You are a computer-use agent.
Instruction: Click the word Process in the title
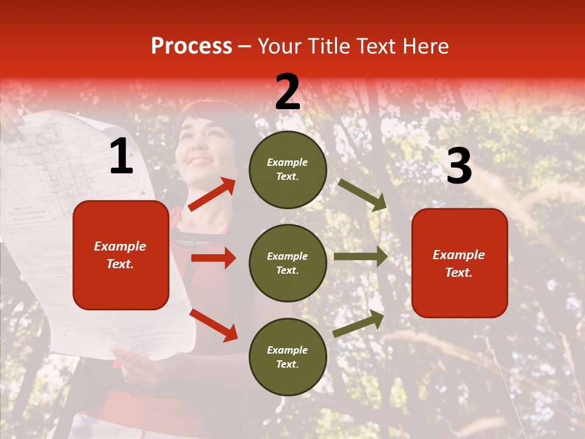pos(191,46)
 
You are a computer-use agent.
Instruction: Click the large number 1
pos(121,157)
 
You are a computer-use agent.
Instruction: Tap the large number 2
pos(288,92)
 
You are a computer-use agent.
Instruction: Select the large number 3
pos(459,166)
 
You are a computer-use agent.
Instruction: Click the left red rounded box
pos(121,255)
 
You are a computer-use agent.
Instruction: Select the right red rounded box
pos(459,263)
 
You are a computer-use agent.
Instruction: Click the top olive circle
pos(288,170)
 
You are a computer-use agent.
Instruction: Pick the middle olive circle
pos(288,263)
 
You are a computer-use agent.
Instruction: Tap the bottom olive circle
pos(288,357)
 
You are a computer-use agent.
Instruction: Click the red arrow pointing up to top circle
pos(212,195)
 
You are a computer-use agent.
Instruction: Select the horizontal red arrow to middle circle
pos(213,258)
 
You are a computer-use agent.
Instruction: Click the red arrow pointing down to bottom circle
pos(213,324)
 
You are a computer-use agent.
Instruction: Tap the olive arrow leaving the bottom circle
pos(359,323)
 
